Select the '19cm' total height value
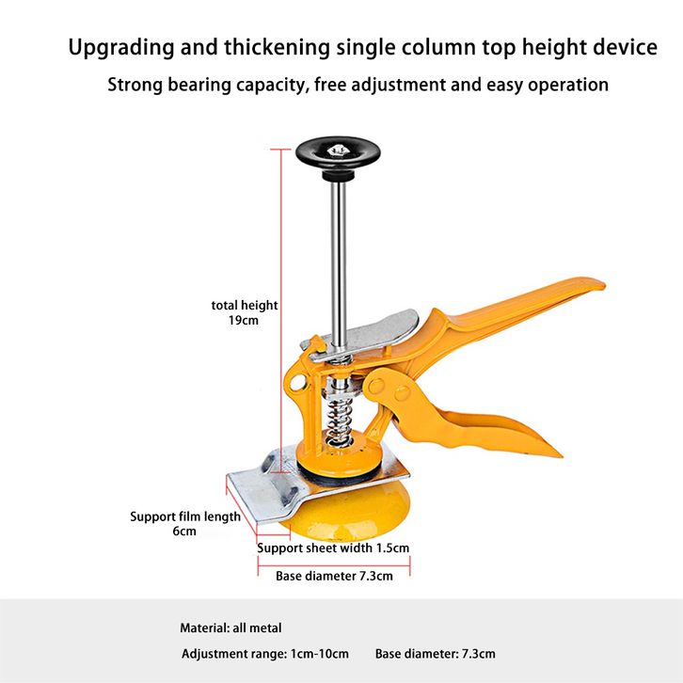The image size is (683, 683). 244,321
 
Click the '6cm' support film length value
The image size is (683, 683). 184,532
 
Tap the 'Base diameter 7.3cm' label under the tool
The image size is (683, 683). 334,577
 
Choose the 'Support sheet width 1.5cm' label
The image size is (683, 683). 333,548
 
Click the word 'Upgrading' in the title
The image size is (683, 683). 121,48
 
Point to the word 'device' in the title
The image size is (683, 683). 625,47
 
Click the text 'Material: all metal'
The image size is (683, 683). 230,628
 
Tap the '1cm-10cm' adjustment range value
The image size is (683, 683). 319,654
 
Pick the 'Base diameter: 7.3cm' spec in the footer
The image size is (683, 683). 436,654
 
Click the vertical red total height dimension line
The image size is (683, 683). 281,310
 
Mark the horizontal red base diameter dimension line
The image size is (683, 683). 334,565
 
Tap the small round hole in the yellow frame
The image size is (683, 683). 297,384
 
